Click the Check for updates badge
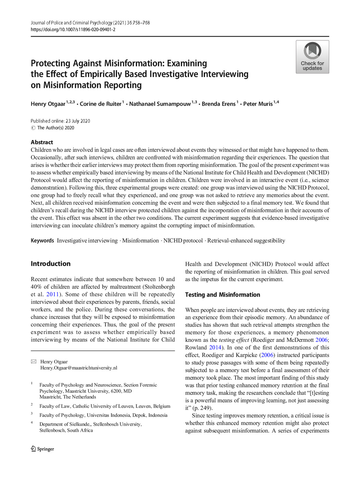(312, 57)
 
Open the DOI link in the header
(73, 30)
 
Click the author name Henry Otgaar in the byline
(48, 104)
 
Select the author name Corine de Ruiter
(101, 104)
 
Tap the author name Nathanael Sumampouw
(160, 104)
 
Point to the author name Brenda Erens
(218, 104)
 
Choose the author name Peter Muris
(258, 104)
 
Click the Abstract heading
(42, 142)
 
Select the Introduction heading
(51, 264)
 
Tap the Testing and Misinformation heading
(223, 295)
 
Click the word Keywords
(42, 241)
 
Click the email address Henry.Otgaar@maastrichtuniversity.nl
(79, 368)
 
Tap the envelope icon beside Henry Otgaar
(34, 362)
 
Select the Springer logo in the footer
(42, 449)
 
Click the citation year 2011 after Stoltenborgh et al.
(53, 295)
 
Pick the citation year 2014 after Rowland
(215, 348)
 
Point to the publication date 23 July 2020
(78, 121)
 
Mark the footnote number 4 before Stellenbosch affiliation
(32, 423)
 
